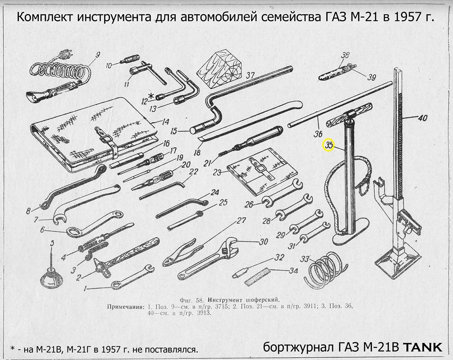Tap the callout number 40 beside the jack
422,118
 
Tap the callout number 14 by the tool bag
165,122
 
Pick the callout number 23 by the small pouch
217,173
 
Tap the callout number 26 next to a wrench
249,204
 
